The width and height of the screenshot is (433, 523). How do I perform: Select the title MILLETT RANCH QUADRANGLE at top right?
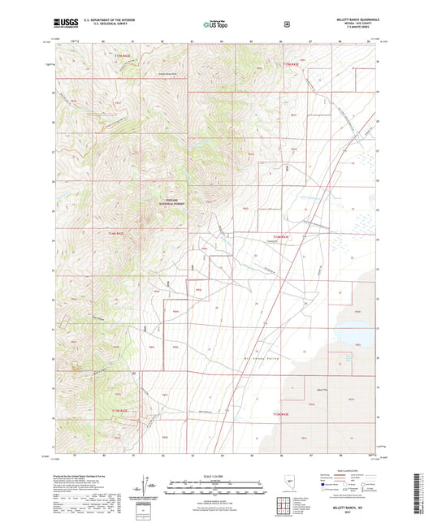(357, 17)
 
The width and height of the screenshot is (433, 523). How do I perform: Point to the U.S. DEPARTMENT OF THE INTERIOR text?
(114, 18)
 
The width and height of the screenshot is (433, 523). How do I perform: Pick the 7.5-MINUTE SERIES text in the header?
(357, 29)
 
